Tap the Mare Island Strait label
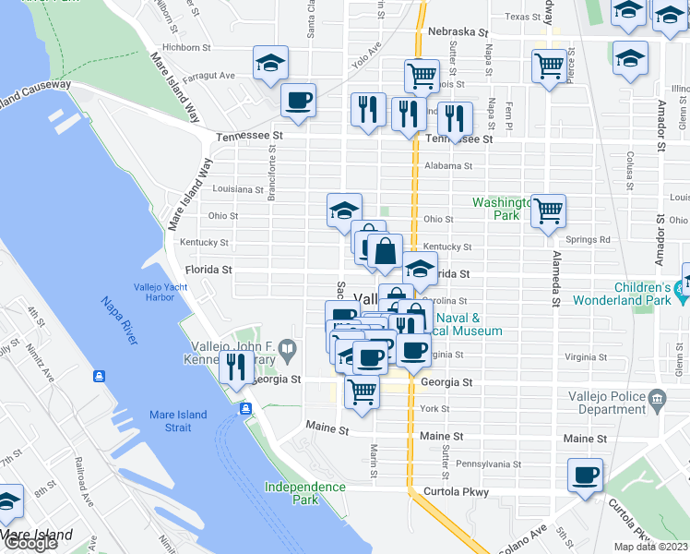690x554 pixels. (x=179, y=421)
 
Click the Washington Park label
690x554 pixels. (x=498, y=209)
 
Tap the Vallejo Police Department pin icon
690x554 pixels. (x=657, y=400)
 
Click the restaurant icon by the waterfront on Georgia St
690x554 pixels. (x=235, y=367)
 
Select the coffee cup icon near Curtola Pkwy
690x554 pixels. (x=585, y=476)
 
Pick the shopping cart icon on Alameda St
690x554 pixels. (x=548, y=211)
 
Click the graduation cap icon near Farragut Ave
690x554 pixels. (x=270, y=63)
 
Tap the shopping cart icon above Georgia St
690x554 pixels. (x=362, y=391)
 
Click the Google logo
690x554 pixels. (x=30, y=543)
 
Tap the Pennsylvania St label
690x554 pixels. (x=489, y=464)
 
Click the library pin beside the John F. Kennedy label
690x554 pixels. (x=289, y=350)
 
